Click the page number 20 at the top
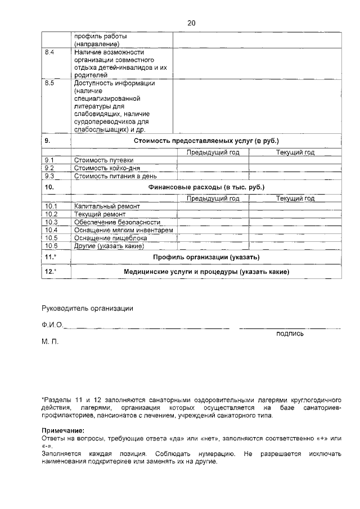[191, 23]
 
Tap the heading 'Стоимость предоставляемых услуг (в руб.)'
[206, 140]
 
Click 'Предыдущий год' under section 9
[213, 152]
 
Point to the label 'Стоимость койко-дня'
[103, 168]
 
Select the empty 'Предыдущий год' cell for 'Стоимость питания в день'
[213, 176]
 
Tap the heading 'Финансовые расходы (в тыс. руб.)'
[206, 186]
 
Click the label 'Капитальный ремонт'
[102, 206]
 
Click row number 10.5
[51, 238]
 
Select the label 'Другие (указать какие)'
[109, 246]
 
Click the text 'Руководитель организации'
[87, 308]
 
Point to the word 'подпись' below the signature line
[290, 333]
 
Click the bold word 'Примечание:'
[63, 430]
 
